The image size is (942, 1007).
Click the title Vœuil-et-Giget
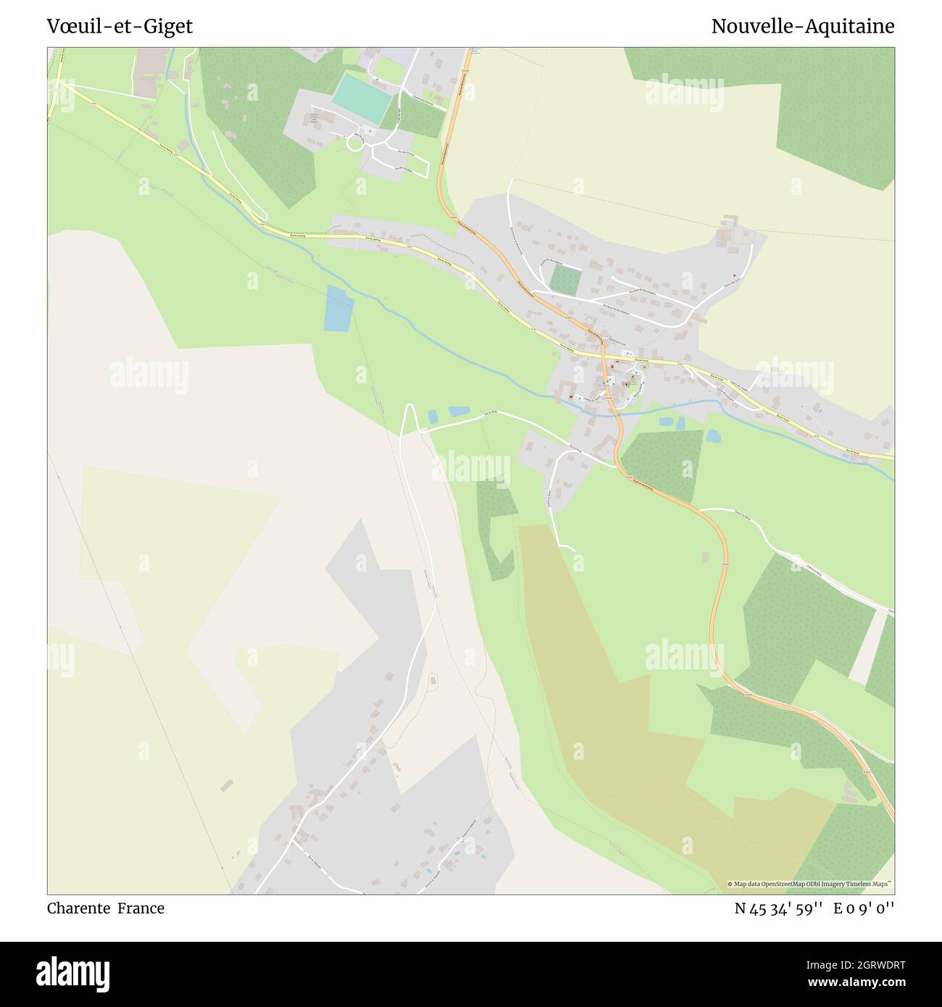[x=120, y=27]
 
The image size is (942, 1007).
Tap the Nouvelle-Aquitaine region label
[x=802, y=27]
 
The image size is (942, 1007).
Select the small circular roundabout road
[x=356, y=143]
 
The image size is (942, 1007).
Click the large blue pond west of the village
[x=339, y=309]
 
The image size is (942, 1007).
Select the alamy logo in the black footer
[x=72, y=972]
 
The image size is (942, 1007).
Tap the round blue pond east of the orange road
[x=713, y=436]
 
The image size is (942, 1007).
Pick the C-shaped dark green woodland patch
[x=496, y=529]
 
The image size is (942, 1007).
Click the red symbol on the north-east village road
[x=735, y=275]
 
